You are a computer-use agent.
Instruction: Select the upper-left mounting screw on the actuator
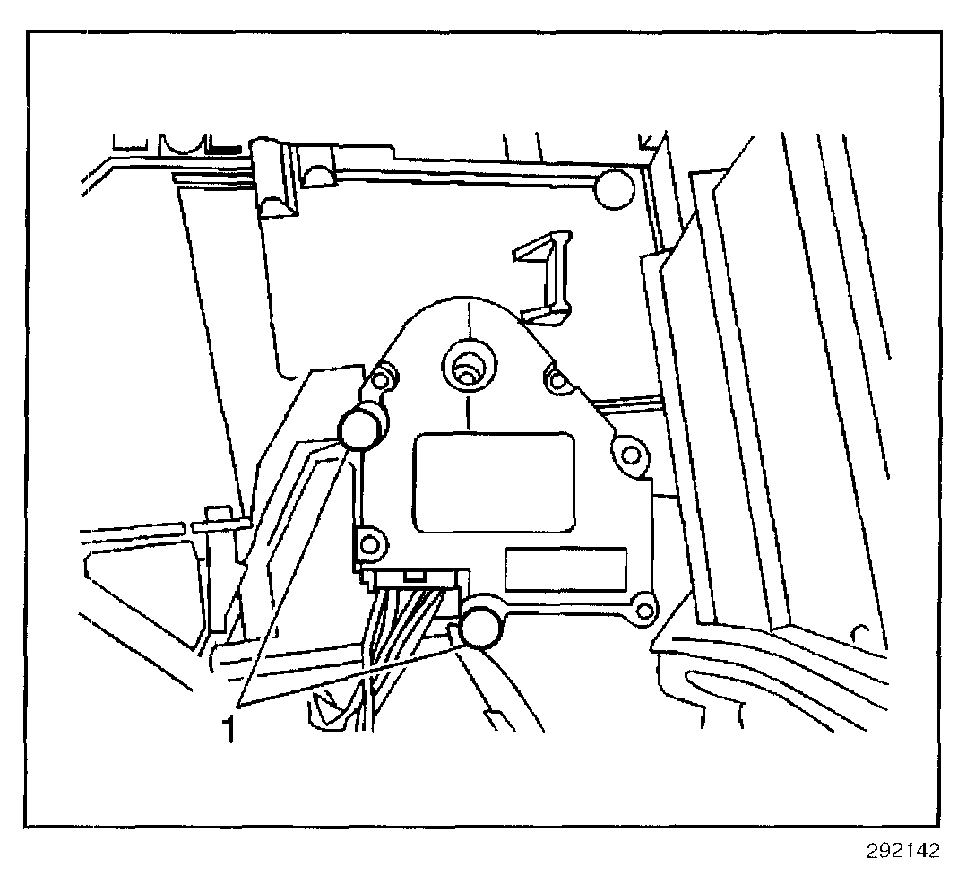[x=362, y=429]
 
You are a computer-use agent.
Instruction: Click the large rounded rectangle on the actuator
[x=493, y=480]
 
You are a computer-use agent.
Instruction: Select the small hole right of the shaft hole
[x=558, y=381]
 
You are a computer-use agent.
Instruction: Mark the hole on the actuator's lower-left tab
[x=371, y=542]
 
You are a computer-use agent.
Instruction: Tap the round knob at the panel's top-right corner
[x=615, y=187]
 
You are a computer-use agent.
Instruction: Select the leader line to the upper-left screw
[x=296, y=574]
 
